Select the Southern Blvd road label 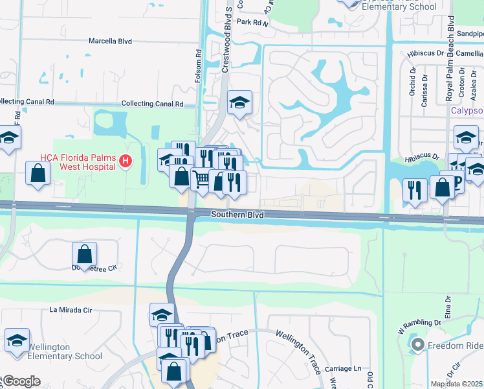pos(237,214)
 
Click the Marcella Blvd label pos(110,41)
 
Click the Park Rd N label pos(252,21)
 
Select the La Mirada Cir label pos(71,310)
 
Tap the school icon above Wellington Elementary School pos(17,339)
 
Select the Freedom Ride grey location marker pos(418,345)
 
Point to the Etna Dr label pos(446,301)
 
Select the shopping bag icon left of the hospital pos(38,173)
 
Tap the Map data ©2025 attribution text pos(457,384)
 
